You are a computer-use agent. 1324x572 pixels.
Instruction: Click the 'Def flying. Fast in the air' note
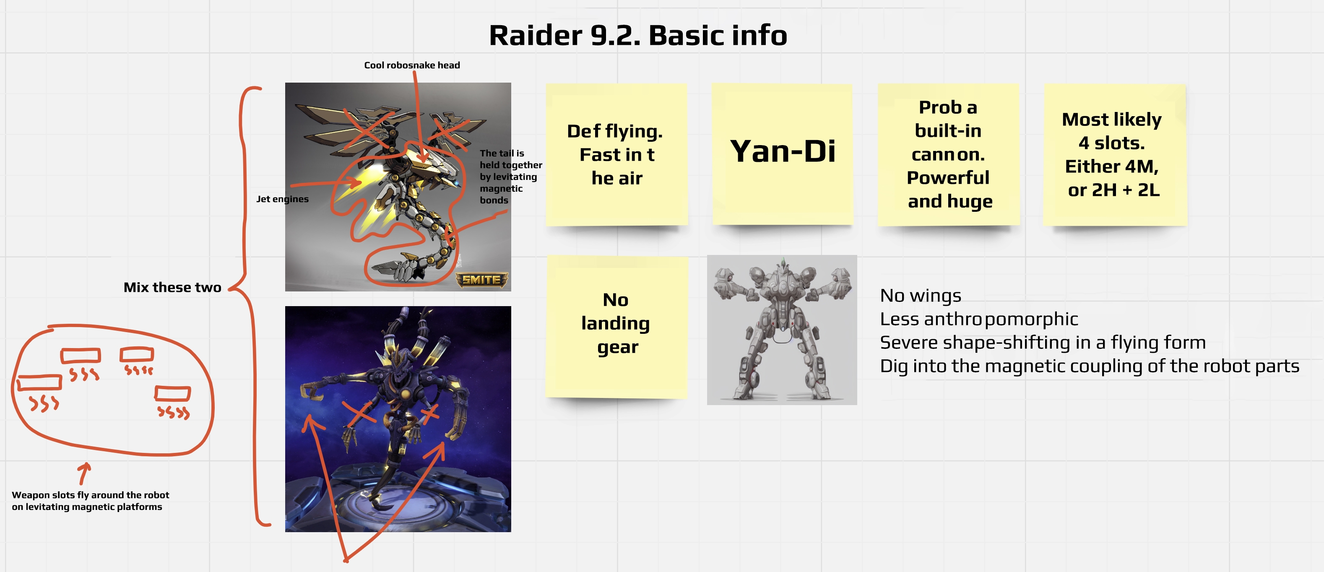pos(616,154)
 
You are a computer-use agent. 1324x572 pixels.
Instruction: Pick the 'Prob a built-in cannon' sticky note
pos(948,154)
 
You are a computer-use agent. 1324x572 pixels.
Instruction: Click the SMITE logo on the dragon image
pos(481,280)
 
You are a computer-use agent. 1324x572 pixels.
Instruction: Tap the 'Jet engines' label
pos(282,199)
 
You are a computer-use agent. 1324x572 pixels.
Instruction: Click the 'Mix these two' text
pos(172,287)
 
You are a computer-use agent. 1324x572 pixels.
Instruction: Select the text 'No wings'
pos(920,296)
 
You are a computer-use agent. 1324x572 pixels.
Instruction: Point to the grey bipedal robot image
pos(781,330)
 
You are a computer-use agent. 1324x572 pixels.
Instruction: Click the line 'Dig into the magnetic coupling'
pos(1089,366)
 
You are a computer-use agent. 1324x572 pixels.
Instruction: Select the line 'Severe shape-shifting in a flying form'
pos(1042,343)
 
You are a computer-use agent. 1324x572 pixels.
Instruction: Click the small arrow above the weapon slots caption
pos(84,473)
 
